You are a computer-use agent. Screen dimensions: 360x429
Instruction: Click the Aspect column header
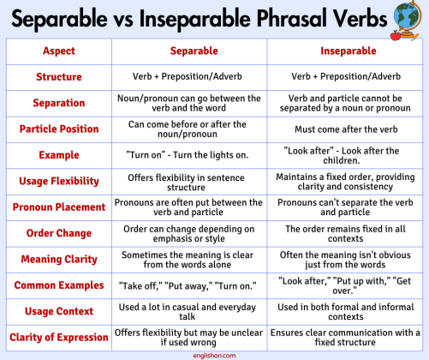(59, 51)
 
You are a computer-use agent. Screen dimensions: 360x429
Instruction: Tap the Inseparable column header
(347, 51)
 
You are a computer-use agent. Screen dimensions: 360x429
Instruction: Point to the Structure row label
(59, 77)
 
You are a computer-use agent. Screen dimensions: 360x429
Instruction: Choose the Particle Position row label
(59, 129)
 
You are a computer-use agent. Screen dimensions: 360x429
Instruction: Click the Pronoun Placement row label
(59, 207)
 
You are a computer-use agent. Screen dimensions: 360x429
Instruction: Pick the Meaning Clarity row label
(59, 259)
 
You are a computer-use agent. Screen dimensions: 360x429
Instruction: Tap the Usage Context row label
(59, 311)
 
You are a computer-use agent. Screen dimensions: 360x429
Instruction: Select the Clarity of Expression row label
(59, 337)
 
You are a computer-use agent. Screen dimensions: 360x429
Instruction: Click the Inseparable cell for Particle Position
(348, 129)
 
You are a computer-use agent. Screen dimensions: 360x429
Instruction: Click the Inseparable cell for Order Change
(347, 233)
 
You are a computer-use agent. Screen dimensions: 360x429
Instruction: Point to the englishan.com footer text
(214, 354)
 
